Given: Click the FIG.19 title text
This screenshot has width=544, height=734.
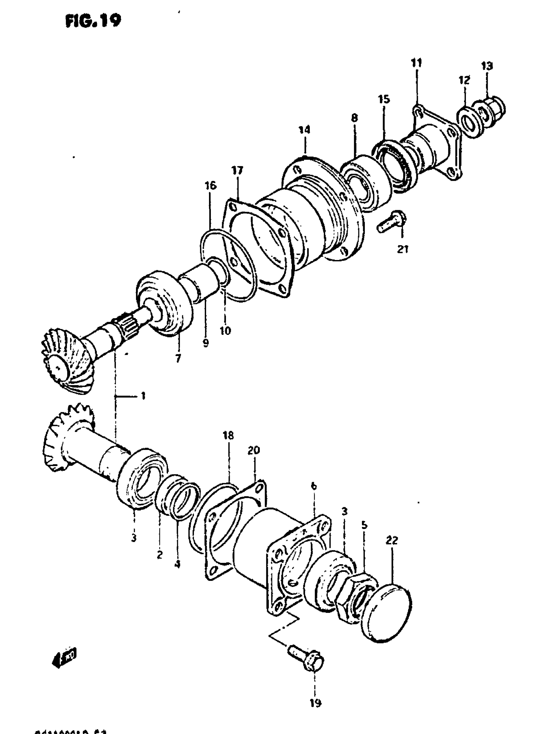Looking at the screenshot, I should (93, 21).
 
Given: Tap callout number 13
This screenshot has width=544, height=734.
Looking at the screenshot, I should (487, 66).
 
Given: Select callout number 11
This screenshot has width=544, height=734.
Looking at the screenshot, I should (417, 63).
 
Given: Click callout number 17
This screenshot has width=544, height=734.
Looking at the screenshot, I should (237, 170).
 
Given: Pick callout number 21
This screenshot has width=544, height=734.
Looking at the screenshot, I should (403, 249).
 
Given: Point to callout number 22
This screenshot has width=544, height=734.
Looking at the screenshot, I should (392, 540).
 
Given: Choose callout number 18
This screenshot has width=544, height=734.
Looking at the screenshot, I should (228, 436).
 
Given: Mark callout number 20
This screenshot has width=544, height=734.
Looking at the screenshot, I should (253, 450).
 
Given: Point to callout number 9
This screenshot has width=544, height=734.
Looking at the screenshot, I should (206, 343).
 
